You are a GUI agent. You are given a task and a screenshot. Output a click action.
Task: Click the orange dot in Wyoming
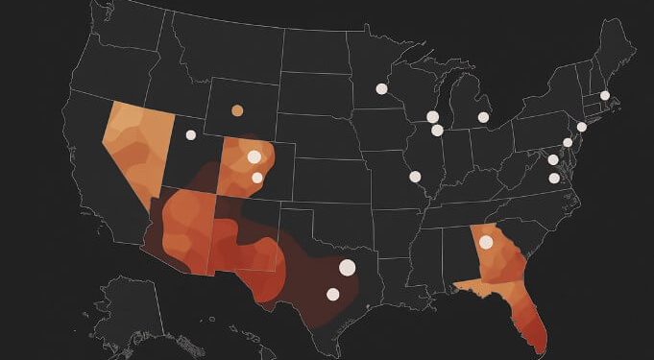237,110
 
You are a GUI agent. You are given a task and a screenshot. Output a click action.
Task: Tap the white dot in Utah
190,134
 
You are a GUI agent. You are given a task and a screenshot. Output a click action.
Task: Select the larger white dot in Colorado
254,156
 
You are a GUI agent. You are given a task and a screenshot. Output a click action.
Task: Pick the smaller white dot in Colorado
257,177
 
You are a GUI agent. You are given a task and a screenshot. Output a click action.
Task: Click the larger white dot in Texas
347,267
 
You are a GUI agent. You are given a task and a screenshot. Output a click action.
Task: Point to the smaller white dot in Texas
333,294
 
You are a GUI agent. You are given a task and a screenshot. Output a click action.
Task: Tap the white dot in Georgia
486,242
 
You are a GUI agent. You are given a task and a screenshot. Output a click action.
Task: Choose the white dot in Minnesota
381,89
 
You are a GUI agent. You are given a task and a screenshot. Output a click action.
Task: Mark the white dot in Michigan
483,118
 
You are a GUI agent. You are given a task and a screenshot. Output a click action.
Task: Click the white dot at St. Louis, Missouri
415,176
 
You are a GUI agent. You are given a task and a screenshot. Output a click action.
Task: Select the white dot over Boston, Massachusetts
605,95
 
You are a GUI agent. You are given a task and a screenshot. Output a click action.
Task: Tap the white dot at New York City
581,127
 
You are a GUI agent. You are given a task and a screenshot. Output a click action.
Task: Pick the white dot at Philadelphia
568,142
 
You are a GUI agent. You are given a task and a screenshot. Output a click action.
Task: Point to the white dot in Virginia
554,178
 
